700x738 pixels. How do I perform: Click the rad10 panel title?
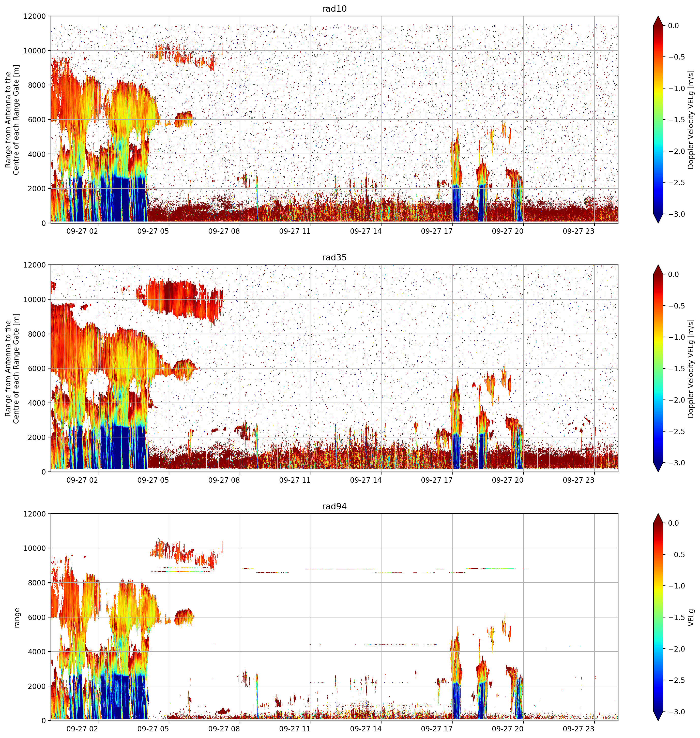pos(334,9)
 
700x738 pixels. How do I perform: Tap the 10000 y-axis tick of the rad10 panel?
pos(35,51)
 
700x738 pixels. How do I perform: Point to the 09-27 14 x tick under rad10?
pos(366,231)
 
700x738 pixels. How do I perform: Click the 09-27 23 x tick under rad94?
pos(578,729)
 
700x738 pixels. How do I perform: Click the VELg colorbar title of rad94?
pos(691,617)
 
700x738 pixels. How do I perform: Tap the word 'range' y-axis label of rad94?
pos(17,618)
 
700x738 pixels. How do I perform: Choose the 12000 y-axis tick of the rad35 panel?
pos(35,265)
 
